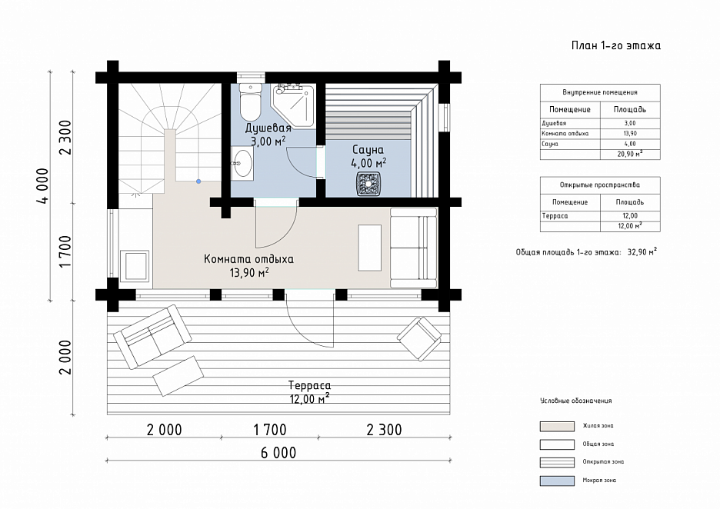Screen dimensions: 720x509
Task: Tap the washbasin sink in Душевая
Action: tap(242, 163)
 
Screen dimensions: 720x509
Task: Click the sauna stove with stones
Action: tap(368, 184)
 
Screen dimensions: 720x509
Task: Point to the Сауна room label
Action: tap(368, 150)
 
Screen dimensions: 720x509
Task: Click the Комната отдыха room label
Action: tap(248, 259)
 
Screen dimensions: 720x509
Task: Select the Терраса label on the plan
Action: tap(309, 385)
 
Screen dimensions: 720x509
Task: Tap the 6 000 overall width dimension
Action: tap(278, 453)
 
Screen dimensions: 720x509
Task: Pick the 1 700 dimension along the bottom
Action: tap(270, 430)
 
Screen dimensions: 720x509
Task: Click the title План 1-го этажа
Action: tap(615, 45)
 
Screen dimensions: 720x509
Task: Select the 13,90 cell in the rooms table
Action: tap(630, 134)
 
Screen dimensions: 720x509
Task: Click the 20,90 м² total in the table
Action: tap(630, 155)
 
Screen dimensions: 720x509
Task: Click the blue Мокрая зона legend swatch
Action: tap(557, 481)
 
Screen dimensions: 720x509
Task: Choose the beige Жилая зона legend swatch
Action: tap(557, 427)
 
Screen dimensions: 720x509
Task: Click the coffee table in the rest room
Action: tap(370, 248)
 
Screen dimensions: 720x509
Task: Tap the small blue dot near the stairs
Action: tap(198, 181)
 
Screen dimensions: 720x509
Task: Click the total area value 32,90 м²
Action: tap(642, 252)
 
